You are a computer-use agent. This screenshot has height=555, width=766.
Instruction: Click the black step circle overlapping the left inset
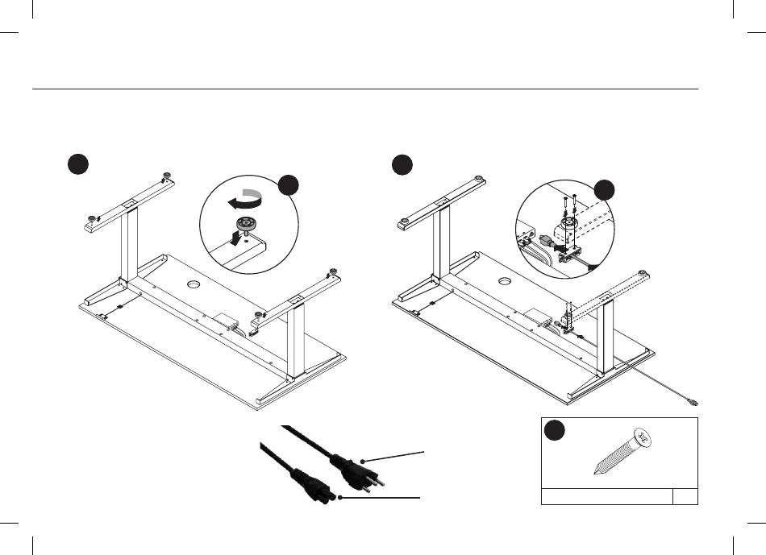click(289, 184)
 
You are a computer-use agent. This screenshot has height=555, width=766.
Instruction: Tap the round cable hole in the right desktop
click(505, 280)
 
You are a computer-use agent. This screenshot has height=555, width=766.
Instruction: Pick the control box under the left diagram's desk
click(227, 321)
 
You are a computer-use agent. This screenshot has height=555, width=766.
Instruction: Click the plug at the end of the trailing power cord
click(692, 402)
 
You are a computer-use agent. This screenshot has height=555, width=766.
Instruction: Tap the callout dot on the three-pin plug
click(364, 461)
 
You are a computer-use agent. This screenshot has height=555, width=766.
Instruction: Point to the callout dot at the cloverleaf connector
click(341, 498)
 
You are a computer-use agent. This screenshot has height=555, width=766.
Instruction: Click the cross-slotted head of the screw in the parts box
click(643, 439)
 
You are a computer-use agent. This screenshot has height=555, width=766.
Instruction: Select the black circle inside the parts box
click(555, 430)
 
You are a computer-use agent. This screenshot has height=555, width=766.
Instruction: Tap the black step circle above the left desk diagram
click(77, 164)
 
